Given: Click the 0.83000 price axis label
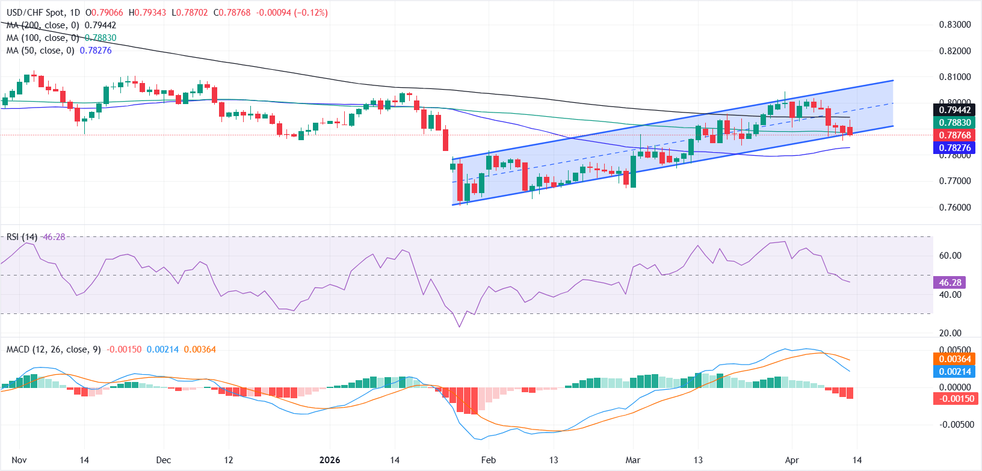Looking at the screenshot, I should (x=955, y=25).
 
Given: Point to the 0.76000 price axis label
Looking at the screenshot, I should (x=955, y=208).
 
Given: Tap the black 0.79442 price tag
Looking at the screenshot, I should (x=955, y=109).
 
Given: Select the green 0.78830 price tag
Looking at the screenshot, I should (x=955, y=122).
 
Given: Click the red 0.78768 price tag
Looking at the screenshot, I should (x=955, y=135).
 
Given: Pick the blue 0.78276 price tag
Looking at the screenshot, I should (x=955, y=148).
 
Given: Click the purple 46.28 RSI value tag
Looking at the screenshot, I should (x=950, y=282).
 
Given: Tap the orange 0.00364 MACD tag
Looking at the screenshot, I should (x=955, y=359).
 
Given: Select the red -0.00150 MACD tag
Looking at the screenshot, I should (x=955, y=399).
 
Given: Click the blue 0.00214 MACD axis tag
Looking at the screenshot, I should (x=955, y=372).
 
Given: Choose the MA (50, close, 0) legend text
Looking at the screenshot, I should (x=40, y=51).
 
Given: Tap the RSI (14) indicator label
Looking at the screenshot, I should (x=22, y=237).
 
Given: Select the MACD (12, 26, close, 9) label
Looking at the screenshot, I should (x=54, y=349).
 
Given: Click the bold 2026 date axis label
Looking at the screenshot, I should (x=329, y=460).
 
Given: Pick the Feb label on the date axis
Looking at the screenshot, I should (x=489, y=460).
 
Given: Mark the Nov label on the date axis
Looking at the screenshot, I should (x=19, y=460).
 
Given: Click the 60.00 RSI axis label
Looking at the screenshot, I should (x=950, y=256).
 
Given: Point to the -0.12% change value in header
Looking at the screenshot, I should (x=311, y=13).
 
